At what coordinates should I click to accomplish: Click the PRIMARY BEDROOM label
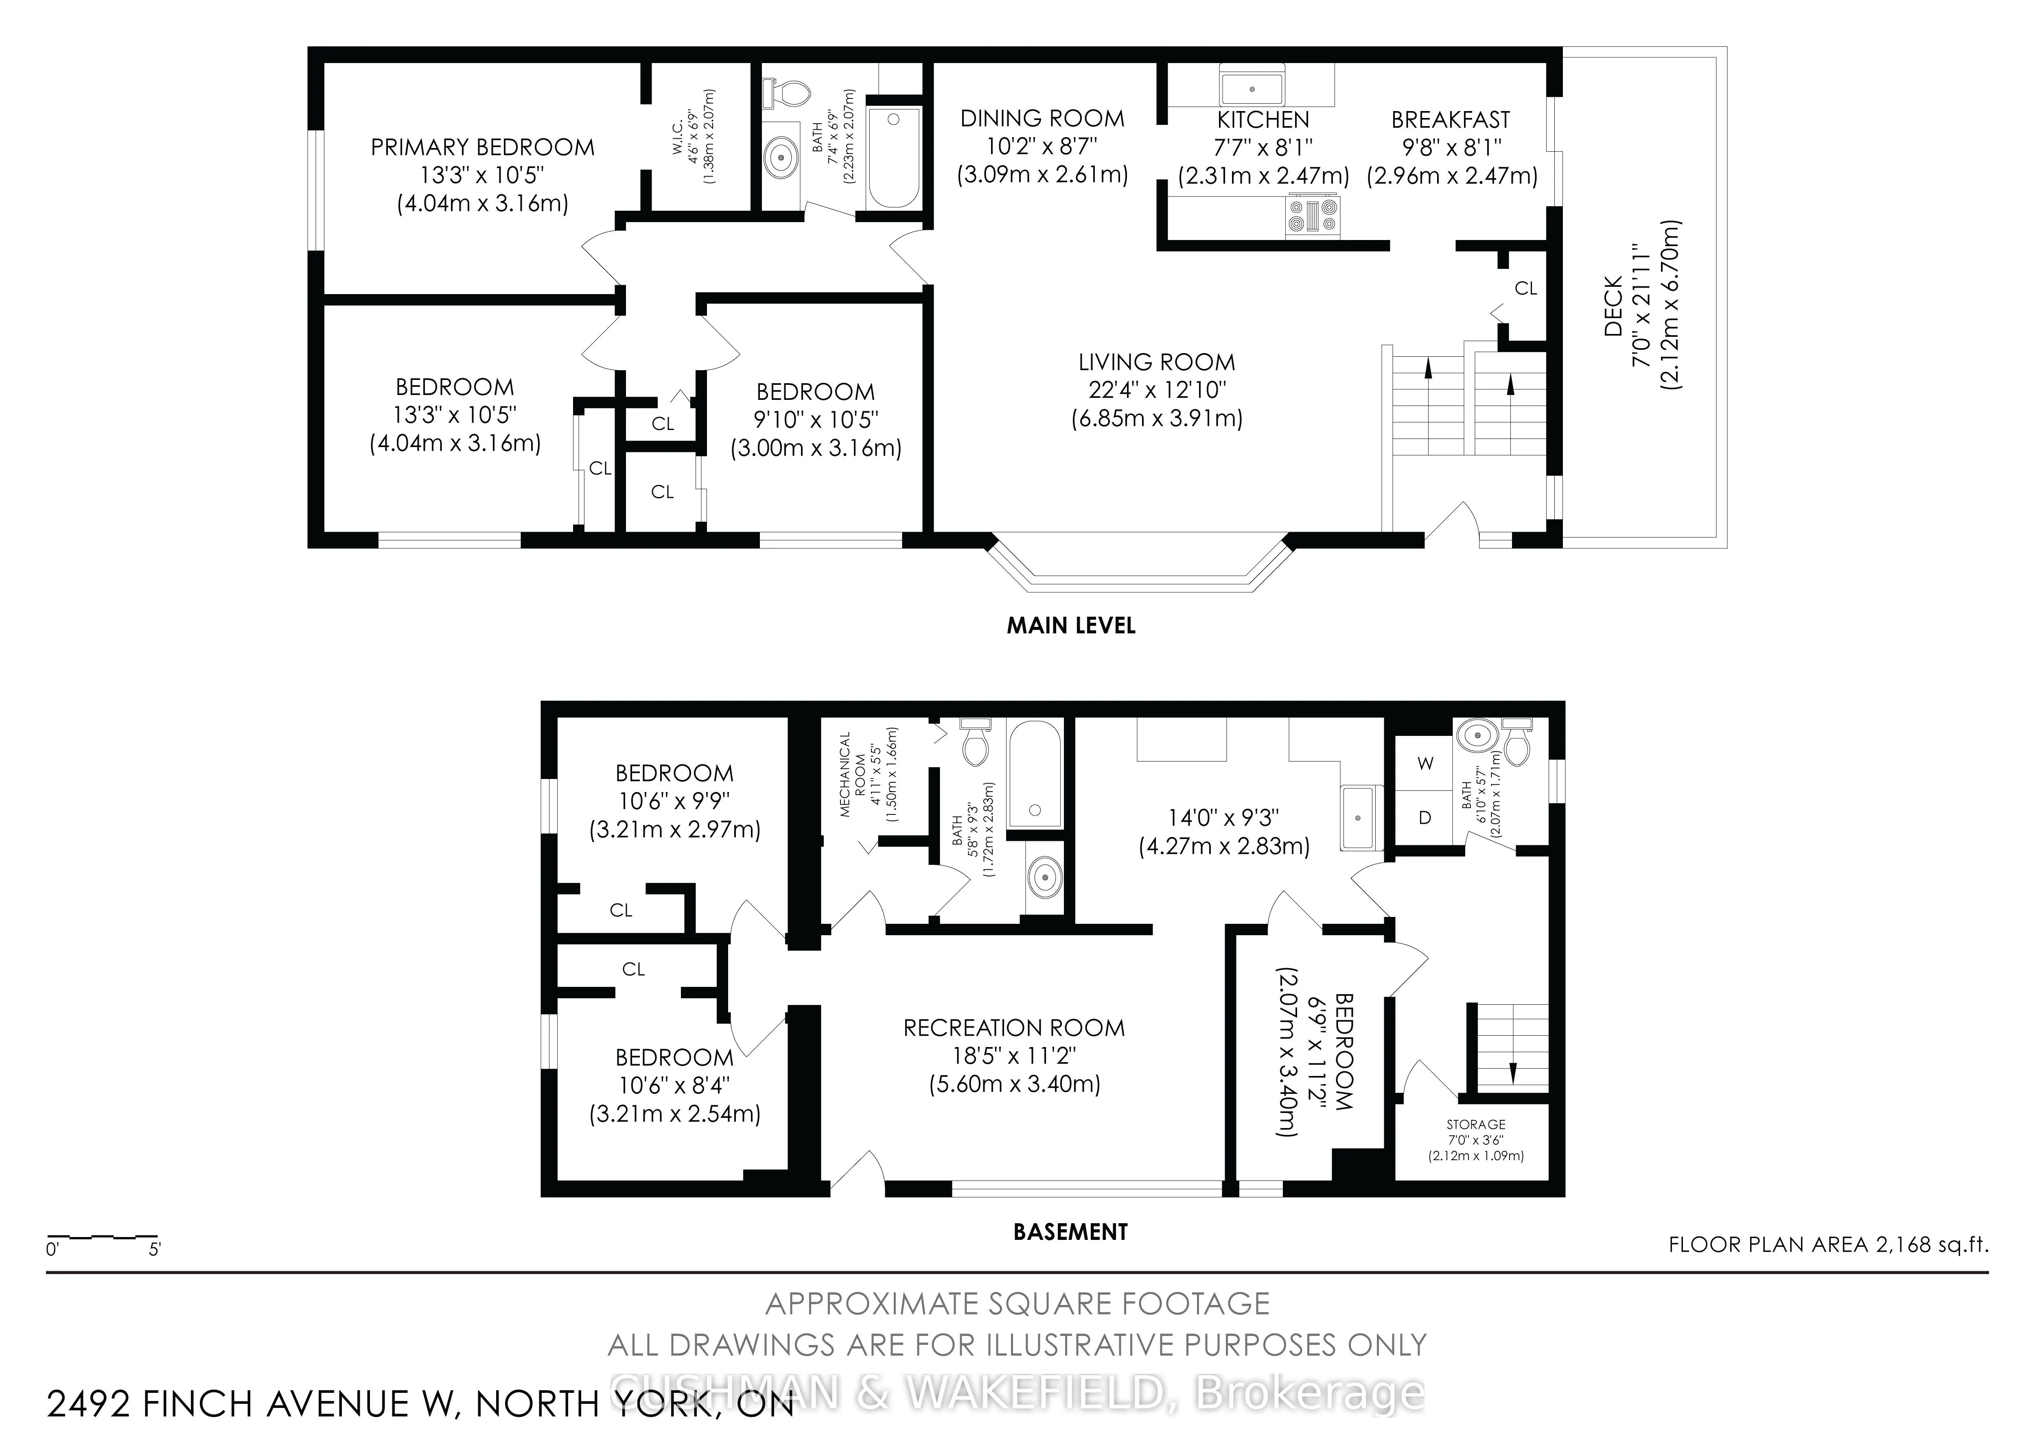click(482, 147)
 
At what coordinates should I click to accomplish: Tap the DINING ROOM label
click(1042, 119)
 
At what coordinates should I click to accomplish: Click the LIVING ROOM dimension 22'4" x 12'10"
click(1157, 390)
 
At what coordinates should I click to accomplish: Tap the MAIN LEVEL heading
click(1071, 626)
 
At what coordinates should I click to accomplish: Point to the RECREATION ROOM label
click(1014, 1028)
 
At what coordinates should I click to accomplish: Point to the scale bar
click(102, 1236)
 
